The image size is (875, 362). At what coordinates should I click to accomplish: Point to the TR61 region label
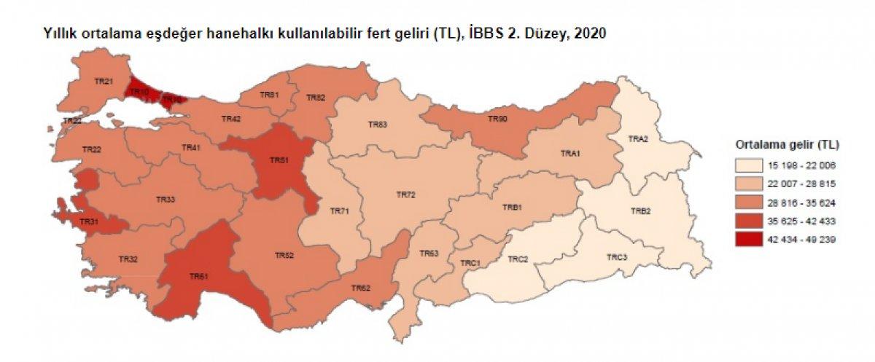tap(200, 276)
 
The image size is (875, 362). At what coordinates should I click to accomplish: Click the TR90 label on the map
tap(497, 118)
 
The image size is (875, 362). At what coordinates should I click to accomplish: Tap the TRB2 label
tap(640, 211)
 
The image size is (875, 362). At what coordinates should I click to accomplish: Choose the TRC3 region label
tap(616, 257)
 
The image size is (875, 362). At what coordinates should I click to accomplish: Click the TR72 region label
tap(405, 195)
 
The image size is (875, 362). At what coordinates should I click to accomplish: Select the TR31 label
tap(90, 222)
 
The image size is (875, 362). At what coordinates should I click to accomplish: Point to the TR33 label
tap(166, 199)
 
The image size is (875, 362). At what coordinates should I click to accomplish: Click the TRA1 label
tap(569, 154)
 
